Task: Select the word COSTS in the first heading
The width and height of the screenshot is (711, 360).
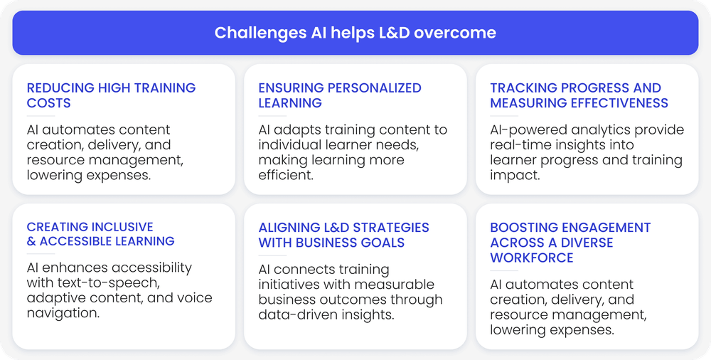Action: click(x=48, y=103)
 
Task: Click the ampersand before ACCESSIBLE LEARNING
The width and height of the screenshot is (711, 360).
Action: click(x=31, y=241)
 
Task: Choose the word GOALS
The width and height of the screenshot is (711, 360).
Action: click(x=383, y=243)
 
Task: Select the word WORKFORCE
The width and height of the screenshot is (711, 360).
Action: click(x=531, y=258)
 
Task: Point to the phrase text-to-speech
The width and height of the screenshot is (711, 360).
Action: click(x=108, y=283)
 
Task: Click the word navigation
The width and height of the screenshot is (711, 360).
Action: click(x=63, y=313)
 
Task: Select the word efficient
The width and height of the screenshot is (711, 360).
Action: click(x=286, y=175)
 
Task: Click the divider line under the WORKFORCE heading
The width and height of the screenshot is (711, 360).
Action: click(x=504, y=270)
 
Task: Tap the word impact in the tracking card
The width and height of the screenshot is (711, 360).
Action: click(x=515, y=176)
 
